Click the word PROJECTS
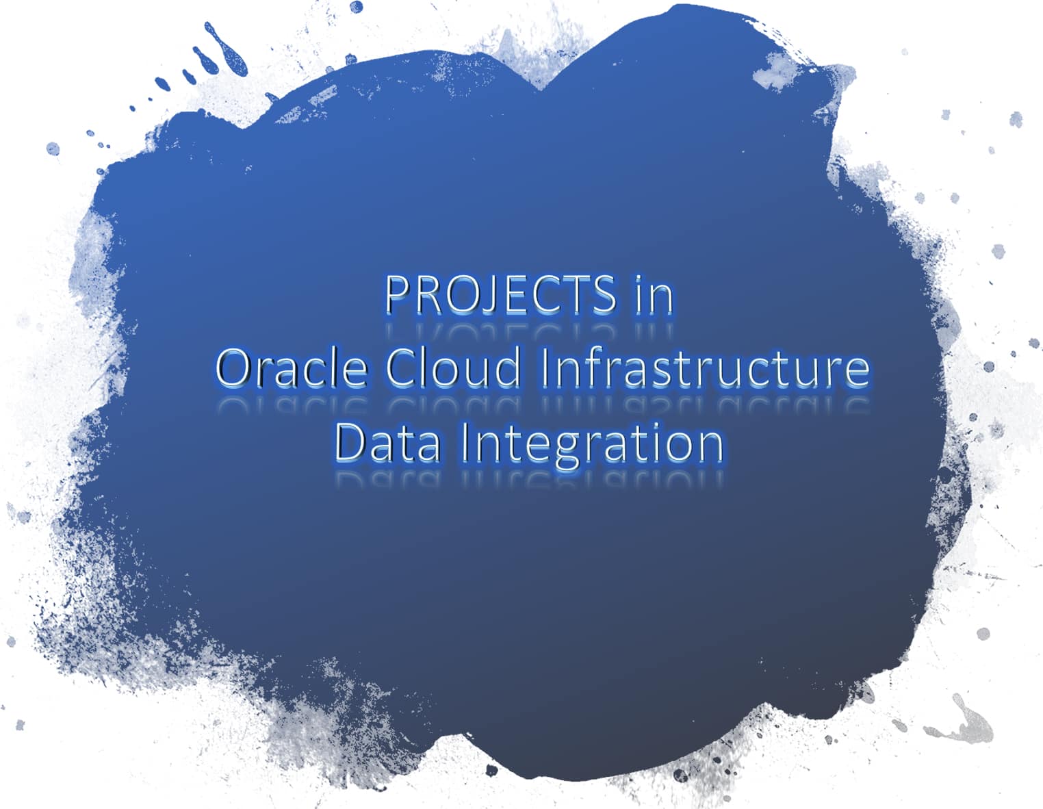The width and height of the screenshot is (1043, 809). pyautogui.click(x=500, y=294)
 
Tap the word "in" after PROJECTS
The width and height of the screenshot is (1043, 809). pyautogui.click(x=654, y=294)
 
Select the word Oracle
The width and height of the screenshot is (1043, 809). pyautogui.click(x=291, y=368)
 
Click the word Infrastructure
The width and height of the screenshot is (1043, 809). pyautogui.click(x=705, y=368)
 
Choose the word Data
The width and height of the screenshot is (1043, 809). pyautogui.click(x=387, y=443)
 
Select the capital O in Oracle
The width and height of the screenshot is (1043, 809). pyautogui.click(x=232, y=368)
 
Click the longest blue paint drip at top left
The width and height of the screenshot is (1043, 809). pyautogui.click(x=226, y=48)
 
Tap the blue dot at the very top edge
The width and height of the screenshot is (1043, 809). pyautogui.click(x=356, y=6)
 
